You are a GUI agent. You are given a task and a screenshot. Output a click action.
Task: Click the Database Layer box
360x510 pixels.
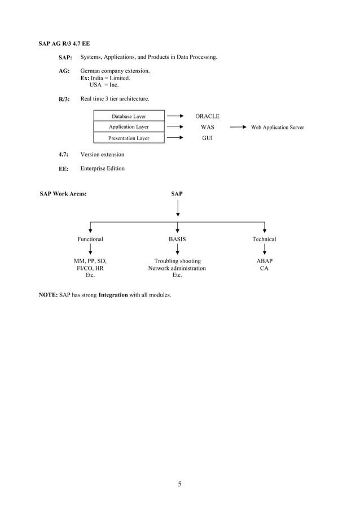[x=129, y=116]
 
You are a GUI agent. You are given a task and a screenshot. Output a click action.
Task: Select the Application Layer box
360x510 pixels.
[x=129, y=127]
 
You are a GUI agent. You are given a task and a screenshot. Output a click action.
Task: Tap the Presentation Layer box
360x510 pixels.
[x=129, y=138]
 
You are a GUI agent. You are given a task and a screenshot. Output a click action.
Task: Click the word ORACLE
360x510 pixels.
[x=207, y=116]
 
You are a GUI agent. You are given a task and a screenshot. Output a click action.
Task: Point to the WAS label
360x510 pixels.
[x=207, y=127]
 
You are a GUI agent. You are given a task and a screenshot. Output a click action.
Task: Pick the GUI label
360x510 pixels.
[x=207, y=138]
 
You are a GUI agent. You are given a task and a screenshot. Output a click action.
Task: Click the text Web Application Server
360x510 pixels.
[x=278, y=128]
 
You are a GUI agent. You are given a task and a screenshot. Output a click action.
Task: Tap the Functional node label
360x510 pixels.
[x=90, y=239]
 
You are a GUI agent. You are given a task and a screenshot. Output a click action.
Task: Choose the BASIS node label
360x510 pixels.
[x=177, y=239]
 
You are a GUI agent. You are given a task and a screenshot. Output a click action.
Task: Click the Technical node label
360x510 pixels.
[x=264, y=239]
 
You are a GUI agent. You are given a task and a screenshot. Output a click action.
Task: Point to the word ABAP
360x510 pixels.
[x=264, y=261]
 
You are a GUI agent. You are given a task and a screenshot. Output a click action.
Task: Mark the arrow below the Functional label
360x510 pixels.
[x=90, y=250]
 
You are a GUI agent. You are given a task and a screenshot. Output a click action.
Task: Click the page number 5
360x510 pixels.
[x=179, y=483]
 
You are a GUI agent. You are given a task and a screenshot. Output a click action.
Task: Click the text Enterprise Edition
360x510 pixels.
[x=103, y=168]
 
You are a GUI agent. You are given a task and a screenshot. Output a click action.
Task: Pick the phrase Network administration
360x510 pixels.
[x=177, y=268]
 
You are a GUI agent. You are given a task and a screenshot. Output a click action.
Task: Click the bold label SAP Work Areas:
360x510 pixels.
[x=63, y=194]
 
